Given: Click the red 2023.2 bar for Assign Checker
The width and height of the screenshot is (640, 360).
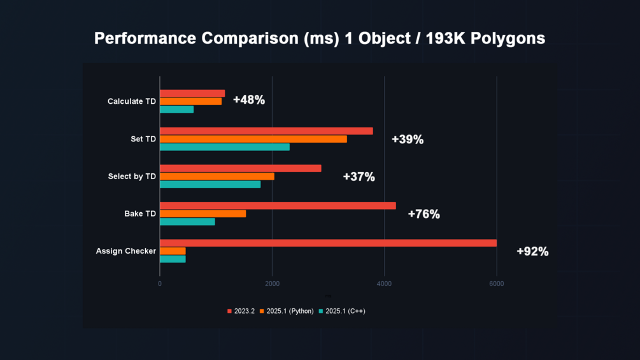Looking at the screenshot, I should [x=328, y=243].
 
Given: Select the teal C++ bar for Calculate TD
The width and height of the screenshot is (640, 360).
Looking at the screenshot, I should [x=176, y=110].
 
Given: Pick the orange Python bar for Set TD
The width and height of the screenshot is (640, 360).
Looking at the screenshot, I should [x=253, y=139].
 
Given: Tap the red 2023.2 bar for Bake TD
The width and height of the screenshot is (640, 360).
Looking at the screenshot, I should [x=278, y=206].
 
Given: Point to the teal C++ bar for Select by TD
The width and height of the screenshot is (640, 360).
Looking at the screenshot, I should [x=210, y=185].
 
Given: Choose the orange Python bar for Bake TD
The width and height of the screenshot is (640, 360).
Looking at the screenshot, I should [x=203, y=213].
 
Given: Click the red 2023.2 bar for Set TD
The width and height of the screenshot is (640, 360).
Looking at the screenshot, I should [x=266, y=131].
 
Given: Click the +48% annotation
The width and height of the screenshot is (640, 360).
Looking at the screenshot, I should [x=248, y=100].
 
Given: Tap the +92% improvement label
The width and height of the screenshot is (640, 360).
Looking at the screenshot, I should [x=532, y=252].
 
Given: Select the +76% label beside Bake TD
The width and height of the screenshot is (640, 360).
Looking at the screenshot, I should [x=423, y=214].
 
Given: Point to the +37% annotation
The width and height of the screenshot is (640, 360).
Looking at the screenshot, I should [x=359, y=177].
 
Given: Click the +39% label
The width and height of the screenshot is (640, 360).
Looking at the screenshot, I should [x=407, y=140].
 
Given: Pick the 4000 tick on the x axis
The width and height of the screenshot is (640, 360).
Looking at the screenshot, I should [x=384, y=284].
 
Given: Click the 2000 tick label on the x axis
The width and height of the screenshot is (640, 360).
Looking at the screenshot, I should [x=272, y=284].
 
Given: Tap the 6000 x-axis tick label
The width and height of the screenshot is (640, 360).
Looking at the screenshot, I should [x=496, y=284].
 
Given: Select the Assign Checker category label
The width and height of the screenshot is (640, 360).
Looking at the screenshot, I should [x=126, y=251].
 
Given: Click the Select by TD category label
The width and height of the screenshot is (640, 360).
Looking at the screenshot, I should [x=132, y=176].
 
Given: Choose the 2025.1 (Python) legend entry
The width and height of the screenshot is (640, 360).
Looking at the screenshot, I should [x=286, y=311].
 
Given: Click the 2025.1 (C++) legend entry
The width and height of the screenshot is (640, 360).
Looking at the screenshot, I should [x=342, y=311].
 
